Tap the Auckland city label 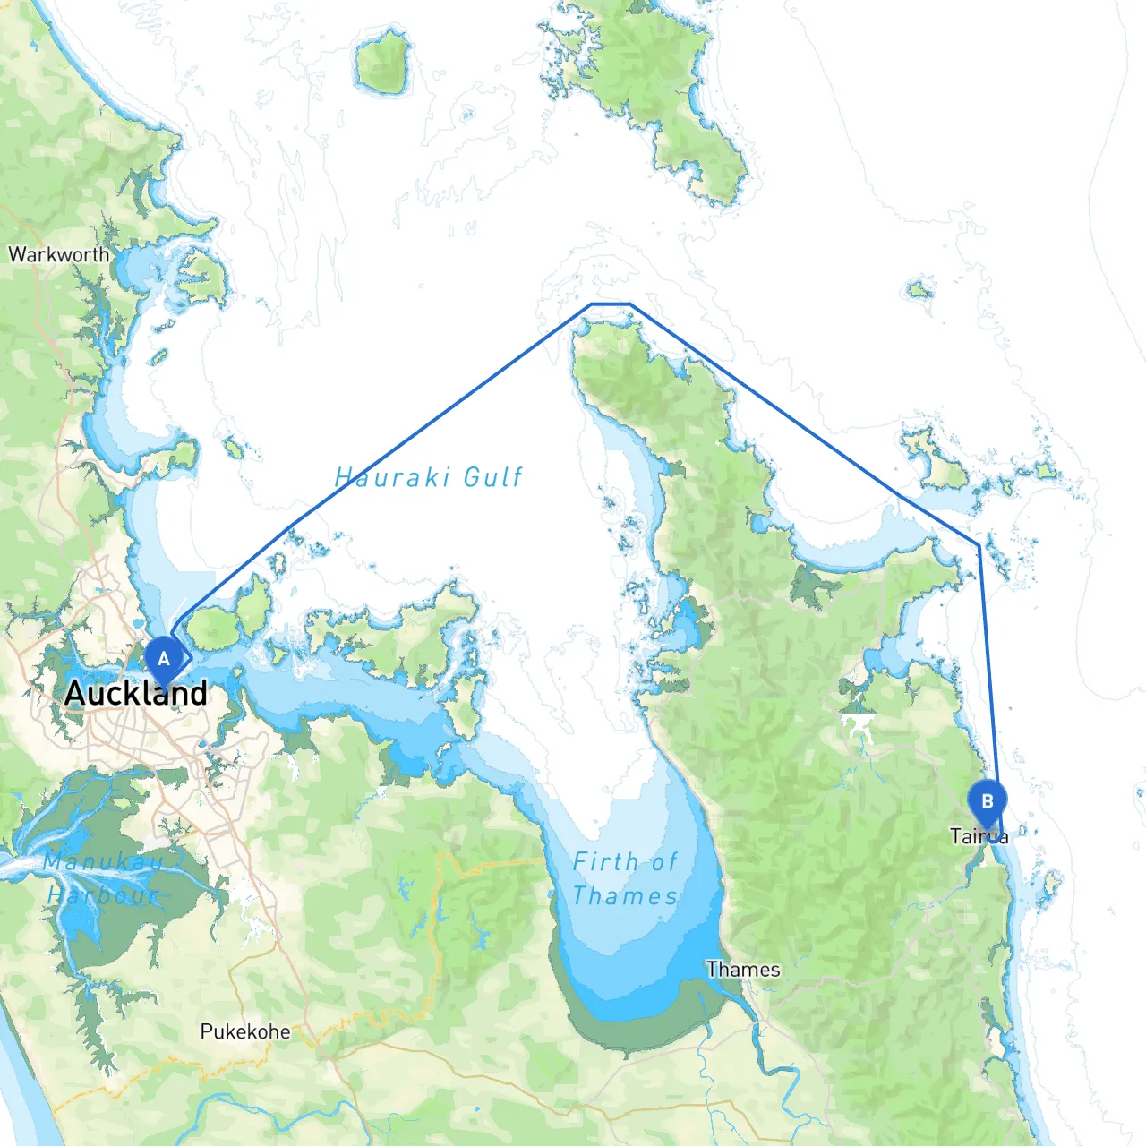136,693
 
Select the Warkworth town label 59,254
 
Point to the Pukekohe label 245,1031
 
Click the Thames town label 743,970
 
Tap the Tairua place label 979,837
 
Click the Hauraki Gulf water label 428,477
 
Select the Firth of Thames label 625,878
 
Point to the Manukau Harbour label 103,878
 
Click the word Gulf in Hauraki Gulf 492,477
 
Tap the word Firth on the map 605,862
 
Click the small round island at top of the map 383,62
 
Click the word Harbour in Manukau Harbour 104,895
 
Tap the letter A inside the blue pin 163,659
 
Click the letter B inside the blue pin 988,801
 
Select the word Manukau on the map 103,862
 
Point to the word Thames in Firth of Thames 625,895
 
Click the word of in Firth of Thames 663,862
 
